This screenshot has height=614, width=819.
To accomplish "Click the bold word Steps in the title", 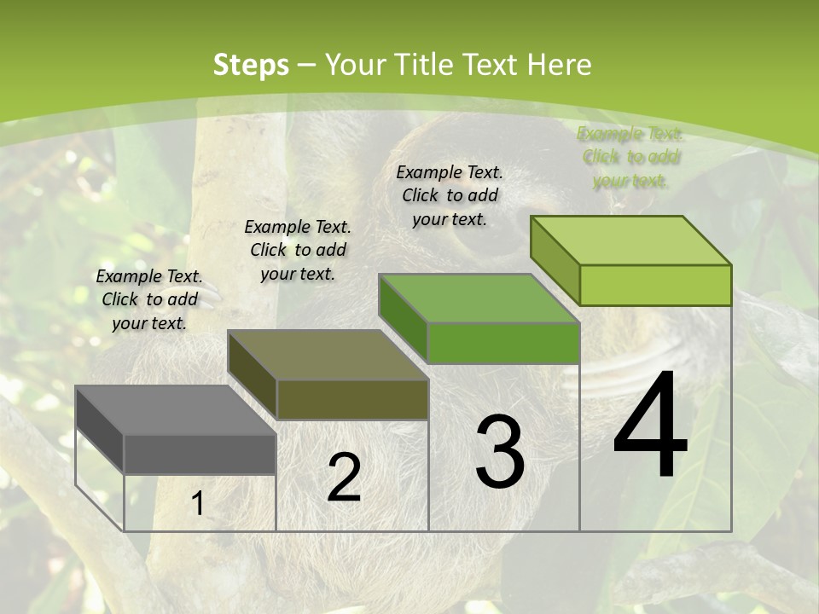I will coord(250,65).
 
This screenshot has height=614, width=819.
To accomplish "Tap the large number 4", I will coord(650,426).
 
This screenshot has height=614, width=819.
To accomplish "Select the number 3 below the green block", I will coord(499,451).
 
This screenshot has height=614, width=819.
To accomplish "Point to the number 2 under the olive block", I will coord(344,478).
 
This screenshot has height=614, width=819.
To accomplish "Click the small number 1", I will coord(197,505).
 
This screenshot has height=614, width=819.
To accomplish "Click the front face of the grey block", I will coord(200,454).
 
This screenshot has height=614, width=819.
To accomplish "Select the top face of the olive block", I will coord(328,355).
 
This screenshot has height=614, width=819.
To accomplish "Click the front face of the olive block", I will coord(352,399).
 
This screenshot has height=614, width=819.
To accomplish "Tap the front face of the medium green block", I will coord(503,343).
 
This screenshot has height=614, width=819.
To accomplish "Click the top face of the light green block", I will coord(630,240).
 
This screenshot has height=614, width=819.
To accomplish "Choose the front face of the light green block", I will coord(655,285).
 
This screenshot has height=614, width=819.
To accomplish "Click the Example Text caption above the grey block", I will coord(149,299).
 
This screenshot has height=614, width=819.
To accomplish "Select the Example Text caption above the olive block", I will coord(298,250).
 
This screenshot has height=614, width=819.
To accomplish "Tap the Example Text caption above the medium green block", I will coord(450,195).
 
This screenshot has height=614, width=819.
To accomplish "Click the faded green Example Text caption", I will coord(630,157).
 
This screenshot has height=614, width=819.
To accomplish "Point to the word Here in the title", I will coord(560,65).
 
